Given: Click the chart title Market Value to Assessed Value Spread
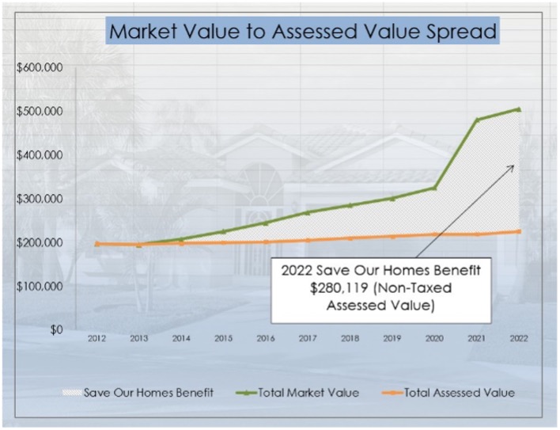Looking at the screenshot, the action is tap(302, 31).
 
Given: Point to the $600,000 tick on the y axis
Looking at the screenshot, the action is tap(40, 67).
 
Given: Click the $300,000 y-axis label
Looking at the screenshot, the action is tap(40, 199).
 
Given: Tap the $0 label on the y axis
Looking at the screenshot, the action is tap(56, 329).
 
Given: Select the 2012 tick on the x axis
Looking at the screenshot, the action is tap(96, 338).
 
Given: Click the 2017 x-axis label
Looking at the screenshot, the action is tap(308, 338).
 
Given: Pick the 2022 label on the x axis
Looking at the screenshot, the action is tap(519, 338).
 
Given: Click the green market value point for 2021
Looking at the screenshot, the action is tap(477, 120).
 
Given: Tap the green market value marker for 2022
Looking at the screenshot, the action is tap(519, 109).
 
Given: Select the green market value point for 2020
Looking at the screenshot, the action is tap(435, 188).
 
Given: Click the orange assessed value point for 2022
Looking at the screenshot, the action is tap(519, 231).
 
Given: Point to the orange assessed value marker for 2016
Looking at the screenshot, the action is tap(266, 242).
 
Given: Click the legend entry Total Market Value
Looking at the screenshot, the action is tap(297, 393).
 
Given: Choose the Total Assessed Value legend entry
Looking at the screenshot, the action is tap(448, 393).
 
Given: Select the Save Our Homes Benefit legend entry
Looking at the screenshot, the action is tap(138, 393).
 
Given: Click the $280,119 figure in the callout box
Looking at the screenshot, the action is tap(339, 288).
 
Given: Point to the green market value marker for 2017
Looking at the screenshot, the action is tap(308, 213).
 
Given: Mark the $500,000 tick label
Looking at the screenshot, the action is tap(40, 111).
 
